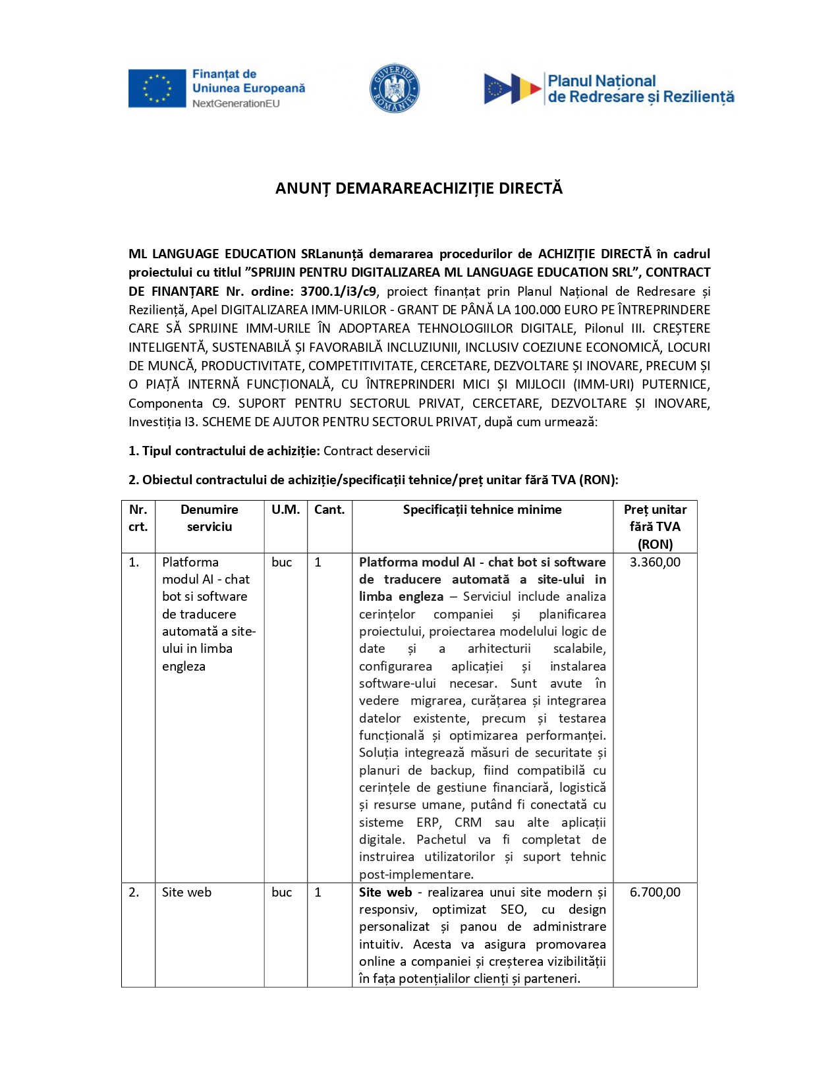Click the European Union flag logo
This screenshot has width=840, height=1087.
coord(157,88)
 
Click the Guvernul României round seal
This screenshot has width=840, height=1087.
coord(394,88)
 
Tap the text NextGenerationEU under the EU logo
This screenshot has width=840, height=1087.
coord(236,103)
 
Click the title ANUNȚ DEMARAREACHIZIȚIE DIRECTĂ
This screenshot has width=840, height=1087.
coord(419,188)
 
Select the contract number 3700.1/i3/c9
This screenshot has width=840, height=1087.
coord(338,291)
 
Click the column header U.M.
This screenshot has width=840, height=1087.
coord(285,509)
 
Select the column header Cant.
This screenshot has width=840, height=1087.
coord(329,509)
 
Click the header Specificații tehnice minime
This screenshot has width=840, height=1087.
coord(482,509)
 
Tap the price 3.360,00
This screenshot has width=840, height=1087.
coord(655,562)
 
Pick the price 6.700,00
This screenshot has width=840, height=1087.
coord(655,892)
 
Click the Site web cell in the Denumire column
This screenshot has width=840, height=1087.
coord(186,892)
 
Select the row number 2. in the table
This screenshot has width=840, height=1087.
coord(134,892)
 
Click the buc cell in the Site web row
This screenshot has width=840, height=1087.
coord(281,892)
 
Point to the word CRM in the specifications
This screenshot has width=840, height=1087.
coord(468,822)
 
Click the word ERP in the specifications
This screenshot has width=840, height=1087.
coord(428,822)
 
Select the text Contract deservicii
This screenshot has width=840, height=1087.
coord(376,451)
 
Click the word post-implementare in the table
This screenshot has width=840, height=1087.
coord(415,874)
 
